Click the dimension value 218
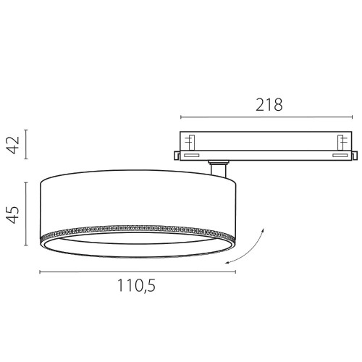(x=269, y=105)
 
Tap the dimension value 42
(x=13, y=145)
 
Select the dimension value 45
(x=13, y=214)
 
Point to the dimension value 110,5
(x=136, y=286)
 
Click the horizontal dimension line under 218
(x=266, y=117)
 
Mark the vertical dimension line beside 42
(x=26, y=144)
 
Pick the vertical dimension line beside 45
(x=26, y=214)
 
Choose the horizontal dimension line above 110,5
(x=138, y=272)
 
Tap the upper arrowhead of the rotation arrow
(x=263, y=230)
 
